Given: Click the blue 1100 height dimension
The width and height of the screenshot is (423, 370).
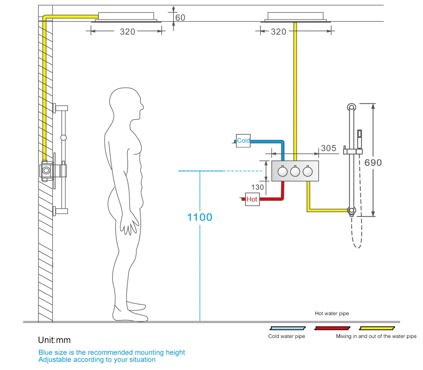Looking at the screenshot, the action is pos(200,217).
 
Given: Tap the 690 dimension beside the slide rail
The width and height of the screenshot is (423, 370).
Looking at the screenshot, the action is pos(373,163).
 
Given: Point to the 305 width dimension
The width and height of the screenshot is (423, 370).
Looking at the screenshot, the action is pos(329,148).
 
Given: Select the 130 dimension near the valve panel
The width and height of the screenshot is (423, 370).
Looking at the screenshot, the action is pos(257,187).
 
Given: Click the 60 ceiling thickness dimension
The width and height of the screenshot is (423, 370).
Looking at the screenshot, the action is pos(180,17).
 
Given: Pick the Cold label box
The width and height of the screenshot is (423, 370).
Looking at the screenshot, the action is pos(243,141).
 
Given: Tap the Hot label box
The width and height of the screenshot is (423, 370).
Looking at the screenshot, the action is pos(252,199).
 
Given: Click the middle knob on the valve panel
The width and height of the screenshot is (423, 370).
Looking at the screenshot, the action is pos(295,171).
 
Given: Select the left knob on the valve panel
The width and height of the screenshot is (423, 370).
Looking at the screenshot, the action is pos(283,171).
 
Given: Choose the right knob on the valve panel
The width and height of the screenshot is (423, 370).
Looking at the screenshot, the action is pos(308,171).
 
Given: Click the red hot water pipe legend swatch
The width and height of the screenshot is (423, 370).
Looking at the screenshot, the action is pos(332,328).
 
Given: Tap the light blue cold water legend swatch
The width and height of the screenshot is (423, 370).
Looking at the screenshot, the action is pos(288,328).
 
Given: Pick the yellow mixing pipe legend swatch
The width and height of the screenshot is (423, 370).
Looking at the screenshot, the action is pos(377,328).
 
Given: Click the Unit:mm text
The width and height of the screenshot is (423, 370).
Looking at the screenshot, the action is pos(54,340).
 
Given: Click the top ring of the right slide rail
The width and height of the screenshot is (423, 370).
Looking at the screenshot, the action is pos(351,107).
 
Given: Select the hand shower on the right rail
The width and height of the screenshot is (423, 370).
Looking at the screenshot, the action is pos(359,139).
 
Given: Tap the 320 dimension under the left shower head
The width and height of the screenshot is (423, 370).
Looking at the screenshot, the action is pos(127,32).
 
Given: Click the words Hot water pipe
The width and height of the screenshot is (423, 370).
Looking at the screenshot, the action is pos(332,313).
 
